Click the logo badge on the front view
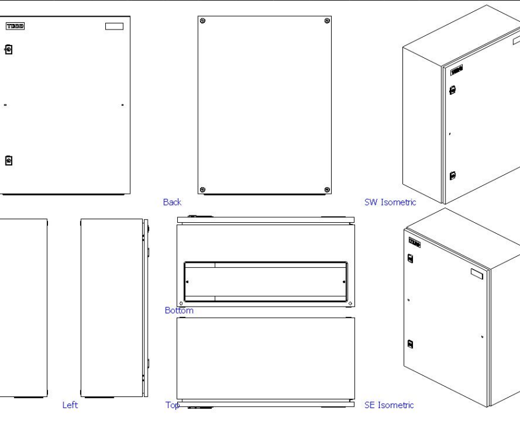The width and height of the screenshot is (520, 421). click(x=14, y=26)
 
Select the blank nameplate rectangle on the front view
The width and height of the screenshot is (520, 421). click(x=114, y=26)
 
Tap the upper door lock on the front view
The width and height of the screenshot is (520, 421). click(x=9, y=49)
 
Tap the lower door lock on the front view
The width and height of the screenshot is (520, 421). click(x=9, y=161)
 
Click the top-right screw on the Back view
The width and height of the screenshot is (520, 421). click(x=326, y=22)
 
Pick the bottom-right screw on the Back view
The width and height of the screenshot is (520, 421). click(x=326, y=188)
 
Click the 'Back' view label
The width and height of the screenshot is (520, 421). click(x=172, y=202)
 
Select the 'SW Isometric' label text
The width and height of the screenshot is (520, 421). click(x=390, y=202)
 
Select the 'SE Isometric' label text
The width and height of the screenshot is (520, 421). click(x=389, y=405)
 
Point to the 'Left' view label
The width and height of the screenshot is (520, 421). click(x=70, y=405)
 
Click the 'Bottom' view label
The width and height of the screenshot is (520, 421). click(x=179, y=310)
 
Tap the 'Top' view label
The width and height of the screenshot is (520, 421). click(x=172, y=405)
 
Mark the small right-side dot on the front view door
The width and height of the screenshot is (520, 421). click(x=122, y=105)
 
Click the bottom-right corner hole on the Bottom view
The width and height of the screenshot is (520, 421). click(x=350, y=303)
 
